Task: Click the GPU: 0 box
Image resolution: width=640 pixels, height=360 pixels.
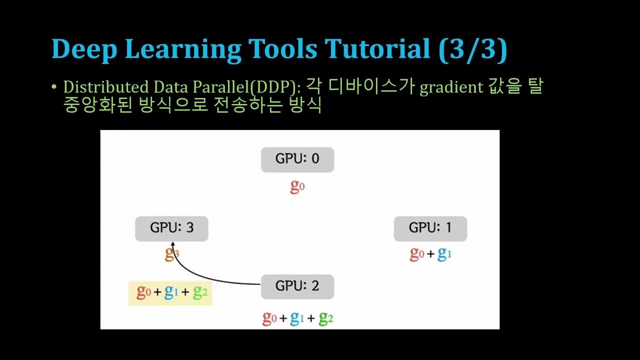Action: pos(297,159)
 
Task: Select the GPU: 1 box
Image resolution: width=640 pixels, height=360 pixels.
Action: pos(430,228)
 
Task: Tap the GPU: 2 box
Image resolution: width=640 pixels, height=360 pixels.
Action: pos(297,286)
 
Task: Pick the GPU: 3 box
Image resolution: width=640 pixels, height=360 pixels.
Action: pos(171,228)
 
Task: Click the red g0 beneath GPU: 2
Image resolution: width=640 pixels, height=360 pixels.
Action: pos(269,318)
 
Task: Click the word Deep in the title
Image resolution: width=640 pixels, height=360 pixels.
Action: pos(83,50)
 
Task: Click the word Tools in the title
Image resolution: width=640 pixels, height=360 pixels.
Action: pos(282,50)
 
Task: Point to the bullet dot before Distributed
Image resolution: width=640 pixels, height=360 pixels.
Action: pos(54,87)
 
